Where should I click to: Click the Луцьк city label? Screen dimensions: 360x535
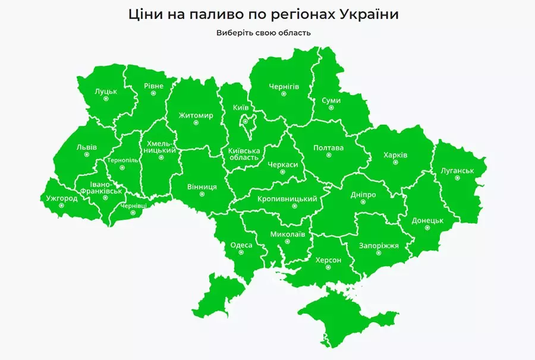(x=106, y=92)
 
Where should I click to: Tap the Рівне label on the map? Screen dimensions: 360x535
(x=153, y=86)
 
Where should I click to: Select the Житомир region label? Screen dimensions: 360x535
(x=196, y=115)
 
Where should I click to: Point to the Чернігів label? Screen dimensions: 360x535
(x=284, y=86)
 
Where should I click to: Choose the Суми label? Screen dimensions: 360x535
(x=331, y=100)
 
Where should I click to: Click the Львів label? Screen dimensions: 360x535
(x=87, y=147)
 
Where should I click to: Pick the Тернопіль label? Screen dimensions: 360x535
(x=122, y=160)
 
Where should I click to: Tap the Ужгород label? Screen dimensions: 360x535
(x=62, y=198)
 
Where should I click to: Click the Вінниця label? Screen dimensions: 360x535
(x=202, y=187)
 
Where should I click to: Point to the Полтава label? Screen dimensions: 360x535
(x=328, y=148)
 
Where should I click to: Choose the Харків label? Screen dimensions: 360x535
(x=395, y=155)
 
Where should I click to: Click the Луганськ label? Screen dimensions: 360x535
(x=457, y=170)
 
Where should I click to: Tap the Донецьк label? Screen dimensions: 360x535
(x=428, y=220)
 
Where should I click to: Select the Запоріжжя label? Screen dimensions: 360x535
(x=379, y=245)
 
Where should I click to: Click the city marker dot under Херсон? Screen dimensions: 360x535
(x=329, y=267)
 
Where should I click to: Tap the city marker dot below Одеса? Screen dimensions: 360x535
(x=241, y=252)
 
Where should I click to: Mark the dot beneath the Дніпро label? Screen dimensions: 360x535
(x=363, y=202)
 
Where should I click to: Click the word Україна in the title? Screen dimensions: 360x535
(x=369, y=14)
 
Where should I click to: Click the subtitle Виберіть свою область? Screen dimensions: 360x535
(x=263, y=33)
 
